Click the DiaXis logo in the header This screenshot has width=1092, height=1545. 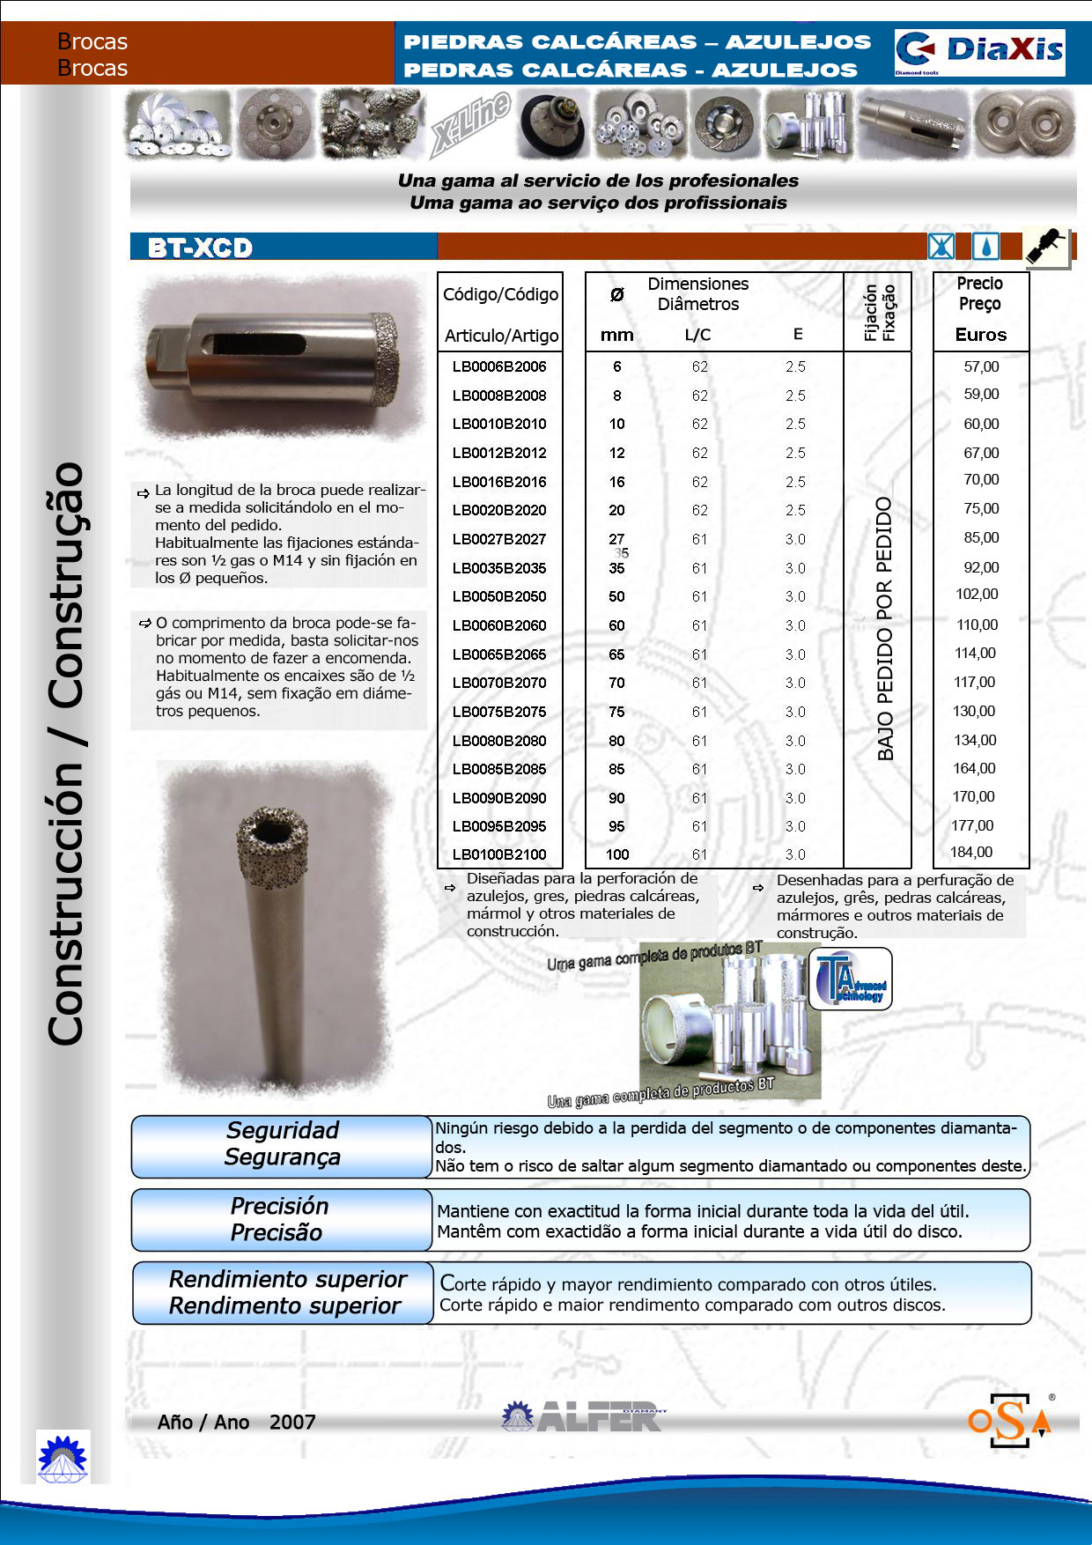pos(979,52)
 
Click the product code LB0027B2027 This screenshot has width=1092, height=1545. pos(499,539)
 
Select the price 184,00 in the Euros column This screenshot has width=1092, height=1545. pos(971,853)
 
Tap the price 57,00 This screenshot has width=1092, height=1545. pos(981,366)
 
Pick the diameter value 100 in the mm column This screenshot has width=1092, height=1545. pos(617,854)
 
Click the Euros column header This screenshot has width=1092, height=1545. pos(980,335)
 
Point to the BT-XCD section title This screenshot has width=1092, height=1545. pos(201,248)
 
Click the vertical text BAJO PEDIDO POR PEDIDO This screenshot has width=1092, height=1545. pos(885,628)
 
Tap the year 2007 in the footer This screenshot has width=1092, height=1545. pos(292,1422)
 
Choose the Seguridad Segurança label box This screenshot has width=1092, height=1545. pos(282,1144)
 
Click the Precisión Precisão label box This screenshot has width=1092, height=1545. pos(279,1219)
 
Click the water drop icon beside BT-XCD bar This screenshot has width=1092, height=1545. pos(985,247)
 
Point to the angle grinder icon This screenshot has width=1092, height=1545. pos(1046,248)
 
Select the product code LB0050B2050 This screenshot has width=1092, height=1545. pos(499,596)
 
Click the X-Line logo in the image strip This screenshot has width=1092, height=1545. pos(471,123)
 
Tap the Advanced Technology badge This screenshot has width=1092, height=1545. pos(850,979)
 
